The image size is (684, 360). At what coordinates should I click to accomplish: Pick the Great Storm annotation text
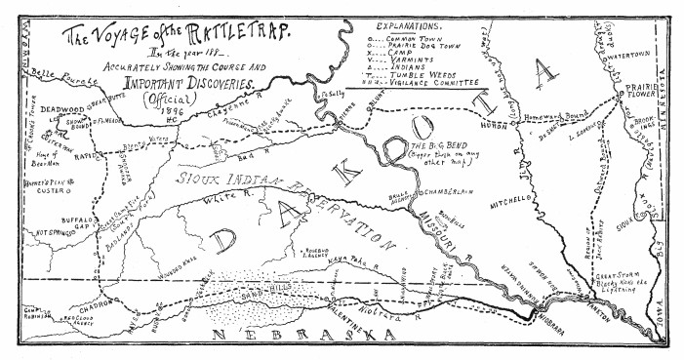click(x=624, y=277)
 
